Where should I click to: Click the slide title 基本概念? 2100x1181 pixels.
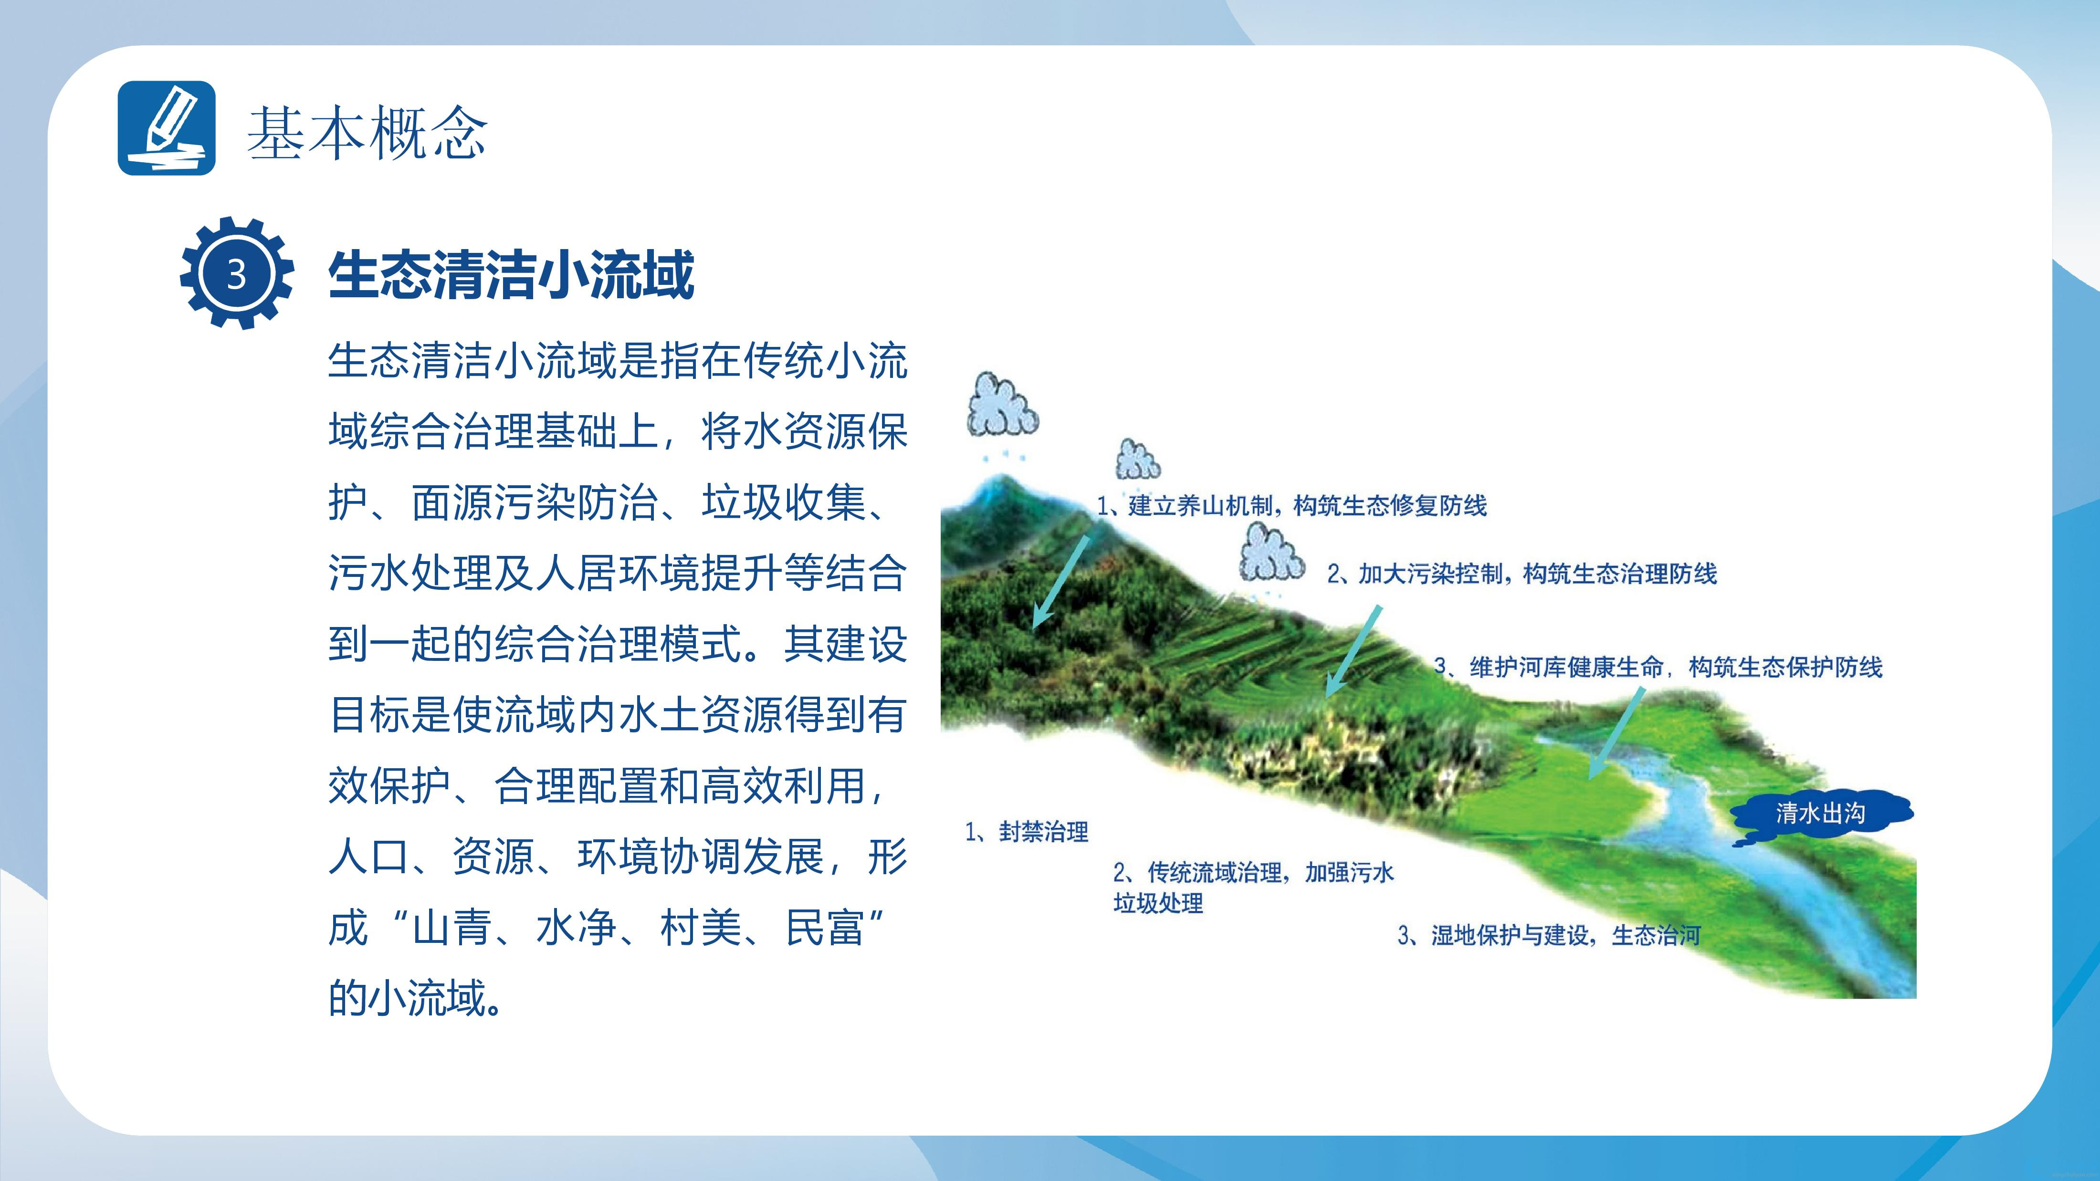tap(367, 132)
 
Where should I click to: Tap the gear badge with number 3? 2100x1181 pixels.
tap(236, 273)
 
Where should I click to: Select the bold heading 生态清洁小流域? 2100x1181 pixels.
tap(511, 275)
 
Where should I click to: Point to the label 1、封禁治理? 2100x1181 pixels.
tap(1026, 831)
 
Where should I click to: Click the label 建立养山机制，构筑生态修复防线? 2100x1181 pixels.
tap(1308, 506)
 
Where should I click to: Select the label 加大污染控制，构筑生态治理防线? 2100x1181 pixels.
tap(1537, 574)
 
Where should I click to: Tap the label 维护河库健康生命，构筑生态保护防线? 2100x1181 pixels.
tap(1676, 667)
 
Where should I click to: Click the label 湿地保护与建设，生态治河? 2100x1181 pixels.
tap(1566, 935)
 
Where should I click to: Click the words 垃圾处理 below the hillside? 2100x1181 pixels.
tap(1158, 903)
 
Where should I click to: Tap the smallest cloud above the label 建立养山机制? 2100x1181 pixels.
tap(1137, 460)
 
